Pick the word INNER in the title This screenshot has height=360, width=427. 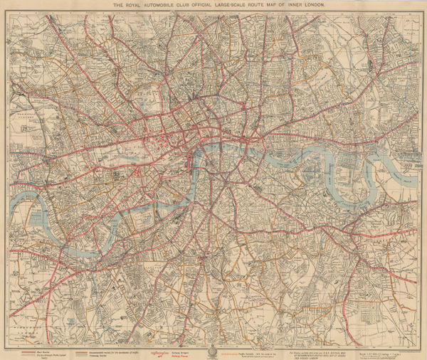coord(315,5)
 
